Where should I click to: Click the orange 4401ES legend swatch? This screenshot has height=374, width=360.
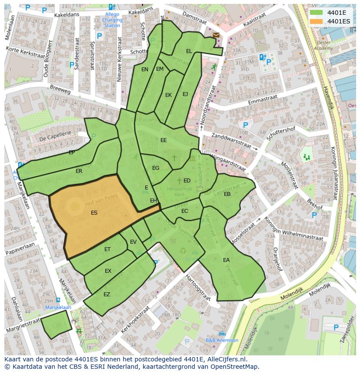[317, 21]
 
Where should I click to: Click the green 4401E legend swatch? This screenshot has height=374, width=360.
[317, 12]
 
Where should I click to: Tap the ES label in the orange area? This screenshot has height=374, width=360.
[94, 213]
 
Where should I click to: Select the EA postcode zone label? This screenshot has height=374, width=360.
[226, 260]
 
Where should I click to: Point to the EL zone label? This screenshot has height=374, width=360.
[189, 51]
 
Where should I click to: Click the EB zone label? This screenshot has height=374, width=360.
[227, 194]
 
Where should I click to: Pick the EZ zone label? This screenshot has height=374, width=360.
[107, 295]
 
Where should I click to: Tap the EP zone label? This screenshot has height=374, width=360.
[72, 152]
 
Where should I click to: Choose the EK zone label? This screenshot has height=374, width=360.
[168, 95]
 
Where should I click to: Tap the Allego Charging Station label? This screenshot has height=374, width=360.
[112, 20]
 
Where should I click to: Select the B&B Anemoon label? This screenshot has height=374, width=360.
[222, 340]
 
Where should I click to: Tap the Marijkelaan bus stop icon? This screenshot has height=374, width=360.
[58, 300]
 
